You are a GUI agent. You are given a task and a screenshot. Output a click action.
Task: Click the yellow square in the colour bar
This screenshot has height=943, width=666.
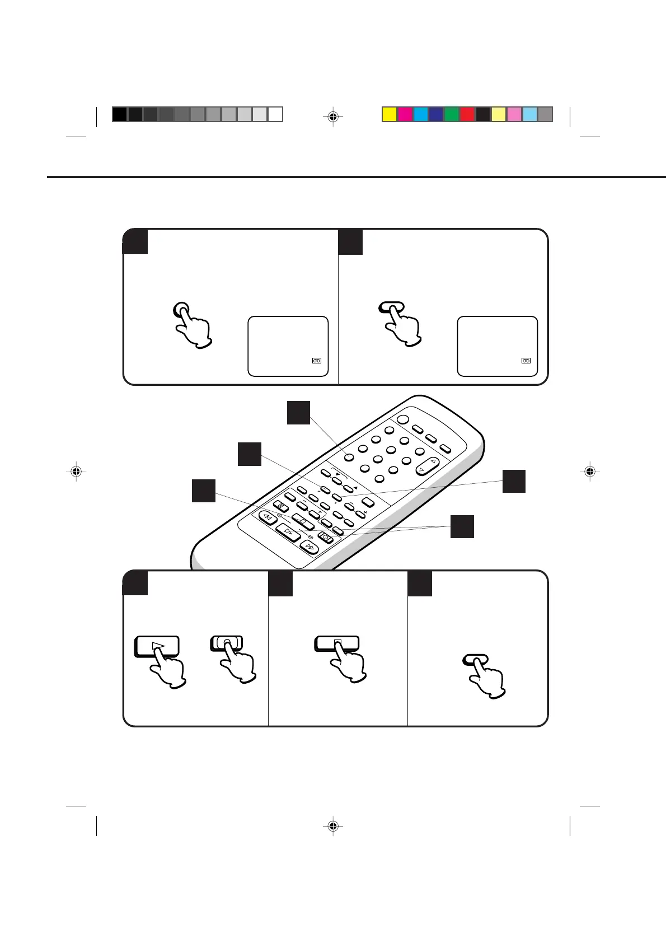pyautogui.click(x=390, y=114)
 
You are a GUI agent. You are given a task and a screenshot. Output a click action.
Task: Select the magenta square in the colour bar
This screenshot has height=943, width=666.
pyautogui.click(x=405, y=114)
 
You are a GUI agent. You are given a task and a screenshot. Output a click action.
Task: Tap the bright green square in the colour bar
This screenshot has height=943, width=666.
pyautogui.click(x=452, y=114)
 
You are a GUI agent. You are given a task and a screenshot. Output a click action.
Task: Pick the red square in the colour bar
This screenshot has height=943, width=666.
pyautogui.click(x=467, y=114)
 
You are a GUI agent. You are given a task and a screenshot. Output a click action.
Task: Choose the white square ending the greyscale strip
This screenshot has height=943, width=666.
pyautogui.click(x=275, y=114)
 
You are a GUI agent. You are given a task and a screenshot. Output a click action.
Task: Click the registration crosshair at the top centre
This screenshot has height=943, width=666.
pyautogui.click(x=333, y=117)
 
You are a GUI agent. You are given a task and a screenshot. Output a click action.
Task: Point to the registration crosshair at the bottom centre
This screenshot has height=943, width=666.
pyautogui.click(x=333, y=826)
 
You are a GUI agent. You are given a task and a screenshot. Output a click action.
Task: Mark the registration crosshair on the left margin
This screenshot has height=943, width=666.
pyautogui.click(x=77, y=472)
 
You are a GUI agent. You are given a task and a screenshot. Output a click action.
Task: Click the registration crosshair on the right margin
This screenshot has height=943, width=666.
pyautogui.click(x=589, y=472)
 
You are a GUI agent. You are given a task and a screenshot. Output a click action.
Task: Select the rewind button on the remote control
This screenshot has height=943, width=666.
pyautogui.click(x=268, y=517)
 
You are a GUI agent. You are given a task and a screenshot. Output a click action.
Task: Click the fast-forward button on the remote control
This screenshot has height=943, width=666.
pyautogui.click(x=309, y=546)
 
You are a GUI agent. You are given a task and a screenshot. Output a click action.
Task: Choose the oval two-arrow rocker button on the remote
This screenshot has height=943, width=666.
pyautogui.click(x=428, y=465)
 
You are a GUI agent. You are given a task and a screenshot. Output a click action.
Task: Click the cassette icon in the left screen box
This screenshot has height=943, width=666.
pyautogui.click(x=317, y=361)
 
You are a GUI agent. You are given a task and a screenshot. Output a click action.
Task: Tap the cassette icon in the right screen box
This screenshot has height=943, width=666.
pyautogui.click(x=526, y=361)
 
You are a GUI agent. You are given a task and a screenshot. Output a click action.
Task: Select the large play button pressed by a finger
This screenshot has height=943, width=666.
pyautogui.click(x=157, y=646)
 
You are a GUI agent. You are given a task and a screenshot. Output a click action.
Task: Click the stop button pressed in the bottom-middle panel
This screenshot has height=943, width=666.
pyautogui.click(x=337, y=643)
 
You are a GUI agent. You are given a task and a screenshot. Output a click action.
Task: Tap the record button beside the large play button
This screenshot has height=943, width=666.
pyautogui.click(x=226, y=643)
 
